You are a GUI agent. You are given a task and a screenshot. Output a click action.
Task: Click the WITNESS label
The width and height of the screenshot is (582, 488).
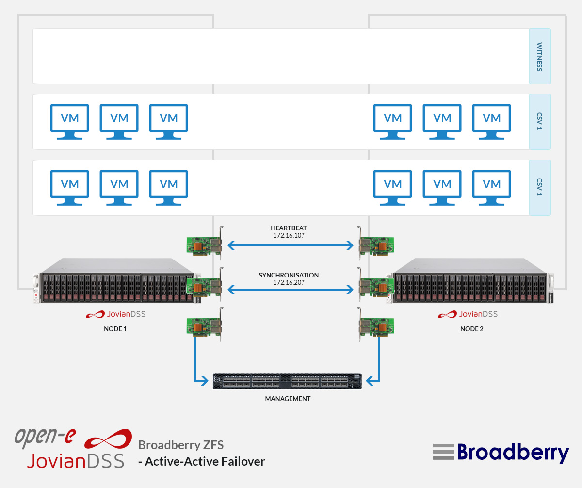pos(540,57)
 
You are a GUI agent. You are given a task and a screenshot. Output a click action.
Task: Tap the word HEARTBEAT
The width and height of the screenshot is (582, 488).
pos(289,228)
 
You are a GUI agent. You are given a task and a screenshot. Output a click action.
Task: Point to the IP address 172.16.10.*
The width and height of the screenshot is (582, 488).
pos(289,235)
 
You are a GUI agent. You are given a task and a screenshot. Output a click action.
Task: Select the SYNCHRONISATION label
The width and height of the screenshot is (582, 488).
pos(289,275)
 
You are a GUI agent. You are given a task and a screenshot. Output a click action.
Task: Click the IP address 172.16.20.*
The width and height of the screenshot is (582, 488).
pos(289,282)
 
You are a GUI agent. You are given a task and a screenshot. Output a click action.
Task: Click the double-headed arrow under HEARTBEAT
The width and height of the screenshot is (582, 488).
pos(291,246)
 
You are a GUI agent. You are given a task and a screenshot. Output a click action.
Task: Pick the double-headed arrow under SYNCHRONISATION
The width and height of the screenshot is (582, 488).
pos(291,290)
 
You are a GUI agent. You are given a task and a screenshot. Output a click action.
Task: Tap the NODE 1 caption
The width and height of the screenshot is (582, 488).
pos(115,329)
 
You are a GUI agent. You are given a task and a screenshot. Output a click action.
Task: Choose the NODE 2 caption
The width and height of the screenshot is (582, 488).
pos(472,329)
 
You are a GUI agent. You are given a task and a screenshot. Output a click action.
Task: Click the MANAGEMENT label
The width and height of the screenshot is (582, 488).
pos(288,399)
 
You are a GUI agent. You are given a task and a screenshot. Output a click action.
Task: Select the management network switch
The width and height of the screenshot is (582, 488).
pos(288,381)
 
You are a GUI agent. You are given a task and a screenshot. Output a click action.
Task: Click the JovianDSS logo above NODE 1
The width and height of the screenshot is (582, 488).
pos(116,314)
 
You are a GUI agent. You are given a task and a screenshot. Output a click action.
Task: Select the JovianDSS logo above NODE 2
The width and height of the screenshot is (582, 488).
pos(468,314)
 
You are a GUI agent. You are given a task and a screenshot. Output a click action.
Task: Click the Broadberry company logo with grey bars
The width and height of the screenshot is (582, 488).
pos(501,452)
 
